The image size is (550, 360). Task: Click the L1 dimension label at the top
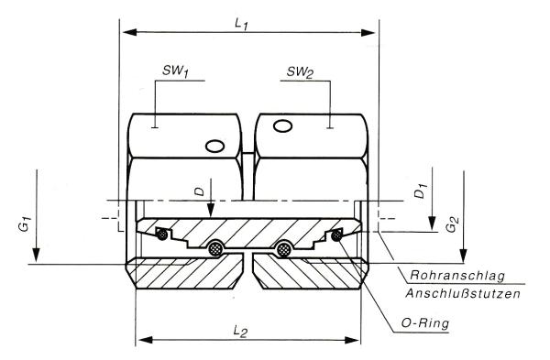tap(242, 25)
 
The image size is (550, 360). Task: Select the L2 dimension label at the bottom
tap(240, 331)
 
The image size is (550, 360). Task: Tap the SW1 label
tap(175, 71)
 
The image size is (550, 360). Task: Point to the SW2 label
tap(301, 72)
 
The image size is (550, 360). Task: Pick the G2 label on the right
tap(452, 224)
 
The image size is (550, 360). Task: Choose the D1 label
tap(420, 191)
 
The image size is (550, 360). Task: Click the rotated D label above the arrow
tap(199, 191)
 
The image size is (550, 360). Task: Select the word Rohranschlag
tap(457, 276)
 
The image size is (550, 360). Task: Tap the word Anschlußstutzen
tap(463, 293)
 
